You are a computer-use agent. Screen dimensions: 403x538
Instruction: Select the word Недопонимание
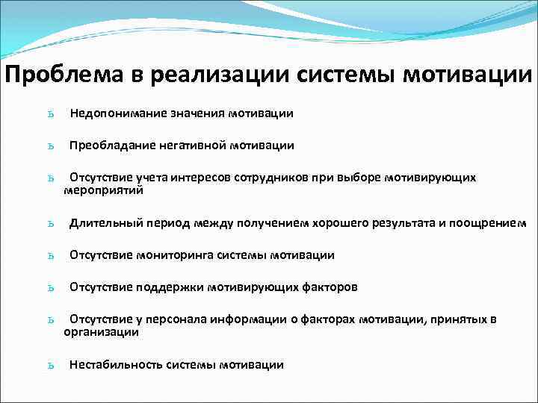[x=117, y=113]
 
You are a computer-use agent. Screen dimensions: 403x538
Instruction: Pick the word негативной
[x=190, y=146]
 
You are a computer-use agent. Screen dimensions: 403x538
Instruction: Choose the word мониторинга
[x=175, y=255]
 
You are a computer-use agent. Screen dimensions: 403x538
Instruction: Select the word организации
[x=101, y=332]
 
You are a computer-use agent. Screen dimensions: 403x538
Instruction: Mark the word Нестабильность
[x=116, y=365]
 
